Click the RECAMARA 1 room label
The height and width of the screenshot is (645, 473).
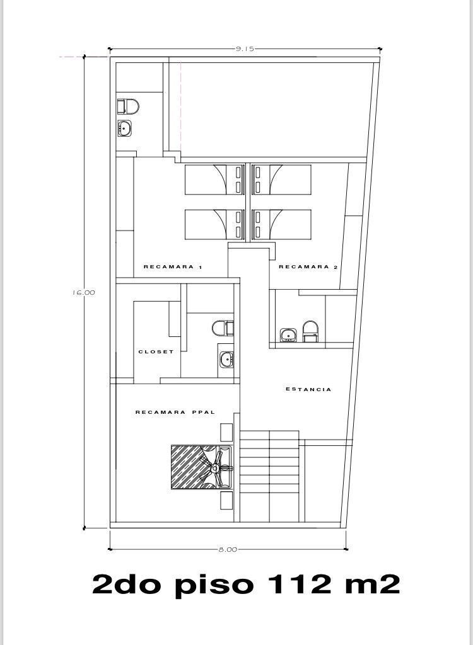[x=173, y=267]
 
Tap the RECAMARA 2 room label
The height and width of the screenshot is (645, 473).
[x=308, y=267]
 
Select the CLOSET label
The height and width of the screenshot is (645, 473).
[x=156, y=351]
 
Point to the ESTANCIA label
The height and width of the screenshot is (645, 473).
[x=308, y=389]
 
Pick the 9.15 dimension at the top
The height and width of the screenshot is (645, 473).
[x=245, y=49]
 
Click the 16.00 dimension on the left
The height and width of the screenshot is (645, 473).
[x=84, y=292]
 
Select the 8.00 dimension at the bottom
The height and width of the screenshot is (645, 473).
[x=228, y=549]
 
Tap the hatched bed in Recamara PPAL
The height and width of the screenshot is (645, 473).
[x=201, y=467]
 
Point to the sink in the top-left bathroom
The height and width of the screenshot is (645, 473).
[x=124, y=128]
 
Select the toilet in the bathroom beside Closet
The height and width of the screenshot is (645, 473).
[x=223, y=328]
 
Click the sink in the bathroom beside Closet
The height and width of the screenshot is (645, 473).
[x=226, y=360]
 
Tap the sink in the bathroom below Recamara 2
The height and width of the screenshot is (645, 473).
[x=288, y=335]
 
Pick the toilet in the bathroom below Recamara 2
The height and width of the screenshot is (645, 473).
[x=311, y=331]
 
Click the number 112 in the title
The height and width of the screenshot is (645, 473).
[x=300, y=584]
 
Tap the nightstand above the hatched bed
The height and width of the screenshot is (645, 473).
[x=226, y=432]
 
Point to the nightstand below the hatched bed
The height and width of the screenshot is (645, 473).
[x=226, y=501]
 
